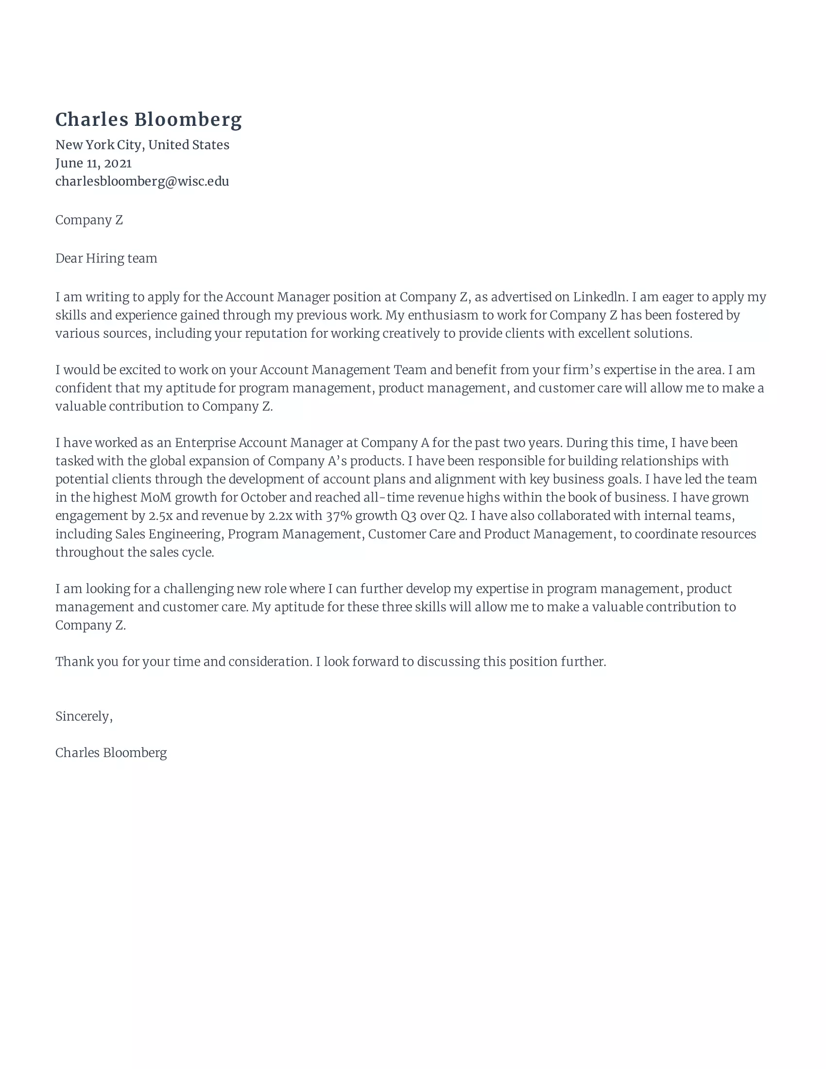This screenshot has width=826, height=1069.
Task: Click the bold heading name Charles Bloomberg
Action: (148, 120)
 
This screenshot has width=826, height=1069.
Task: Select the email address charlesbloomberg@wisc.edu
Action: (142, 182)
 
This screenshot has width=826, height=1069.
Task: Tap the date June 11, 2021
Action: (93, 163)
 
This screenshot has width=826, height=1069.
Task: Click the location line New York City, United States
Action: (142, 145)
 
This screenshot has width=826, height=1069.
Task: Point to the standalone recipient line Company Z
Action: (89, 220)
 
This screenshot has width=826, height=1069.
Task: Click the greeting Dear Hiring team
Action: (106, 259)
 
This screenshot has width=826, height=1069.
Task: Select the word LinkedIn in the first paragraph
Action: (600, 297)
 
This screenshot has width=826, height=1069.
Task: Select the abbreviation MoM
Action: (155, 498)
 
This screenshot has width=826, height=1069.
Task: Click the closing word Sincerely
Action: (83, 717)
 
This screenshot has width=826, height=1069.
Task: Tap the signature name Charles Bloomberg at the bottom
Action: (111, 753)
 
